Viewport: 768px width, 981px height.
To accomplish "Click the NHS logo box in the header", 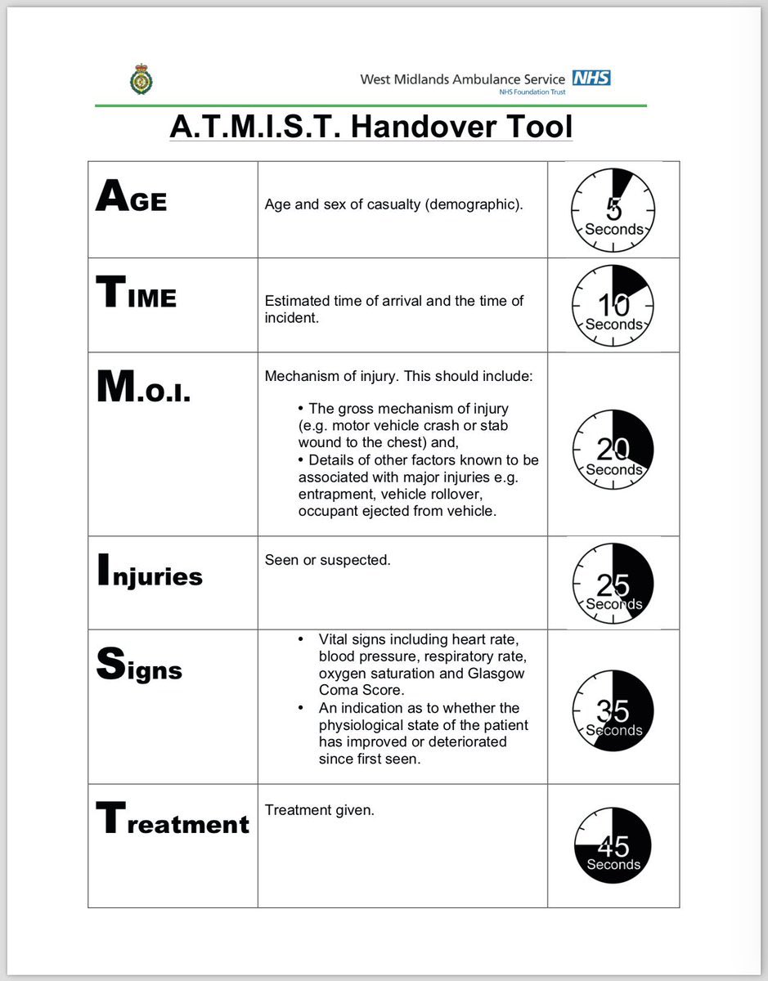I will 591,78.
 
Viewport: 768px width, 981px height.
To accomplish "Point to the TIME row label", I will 136,293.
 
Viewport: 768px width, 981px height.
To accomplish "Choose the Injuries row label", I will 150,573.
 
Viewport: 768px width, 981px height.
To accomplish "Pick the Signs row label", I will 139,667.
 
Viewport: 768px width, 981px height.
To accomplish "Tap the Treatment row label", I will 173,820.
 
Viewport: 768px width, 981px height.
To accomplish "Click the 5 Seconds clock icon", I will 613,210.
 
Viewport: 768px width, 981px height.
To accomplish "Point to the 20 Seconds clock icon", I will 613,450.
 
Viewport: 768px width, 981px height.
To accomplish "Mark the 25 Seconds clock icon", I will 613,585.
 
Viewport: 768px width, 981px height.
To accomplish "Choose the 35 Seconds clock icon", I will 613,710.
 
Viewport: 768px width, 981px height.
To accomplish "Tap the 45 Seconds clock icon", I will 613,845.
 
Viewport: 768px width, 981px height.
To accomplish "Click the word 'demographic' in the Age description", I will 474,204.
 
